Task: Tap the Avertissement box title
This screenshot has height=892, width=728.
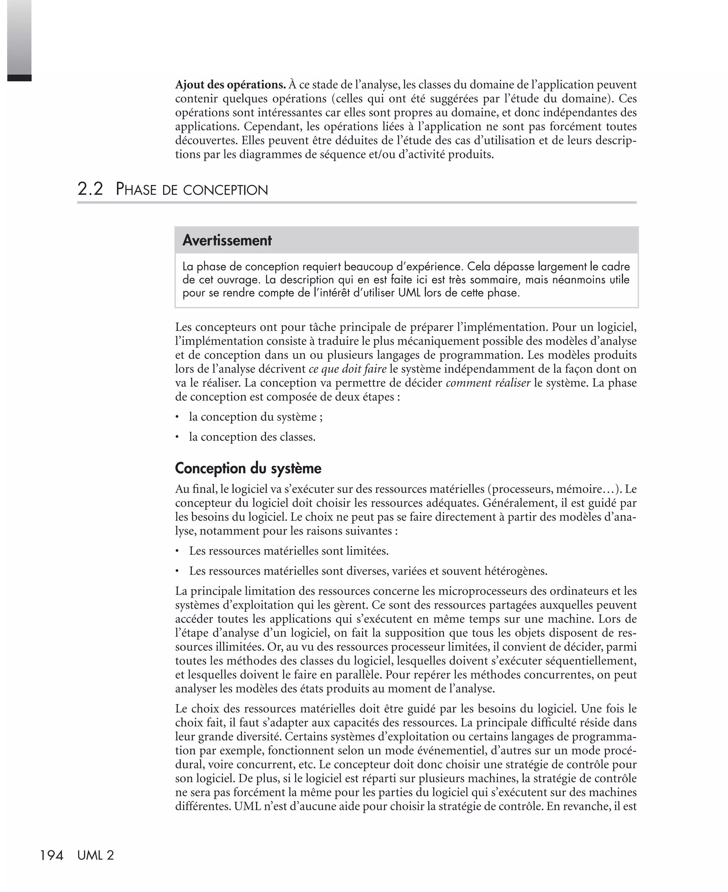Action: (x=227, y=240)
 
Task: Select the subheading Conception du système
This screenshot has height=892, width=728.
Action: (x=248, y=468)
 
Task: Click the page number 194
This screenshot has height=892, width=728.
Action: (x=52, y=855)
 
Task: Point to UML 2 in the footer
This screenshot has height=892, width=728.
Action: (x=96, y=855)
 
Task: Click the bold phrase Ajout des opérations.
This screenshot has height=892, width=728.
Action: (x=230, y=85)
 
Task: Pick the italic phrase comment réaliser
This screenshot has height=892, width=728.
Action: (x=488, y=383)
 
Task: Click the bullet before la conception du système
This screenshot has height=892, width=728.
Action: (x=177, y=417)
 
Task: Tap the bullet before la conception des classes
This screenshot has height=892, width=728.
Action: (x=177, y=437)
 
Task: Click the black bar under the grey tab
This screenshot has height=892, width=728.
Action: (x=19, y=77)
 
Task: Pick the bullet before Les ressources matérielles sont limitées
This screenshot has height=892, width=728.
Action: (x=177, y=551)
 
